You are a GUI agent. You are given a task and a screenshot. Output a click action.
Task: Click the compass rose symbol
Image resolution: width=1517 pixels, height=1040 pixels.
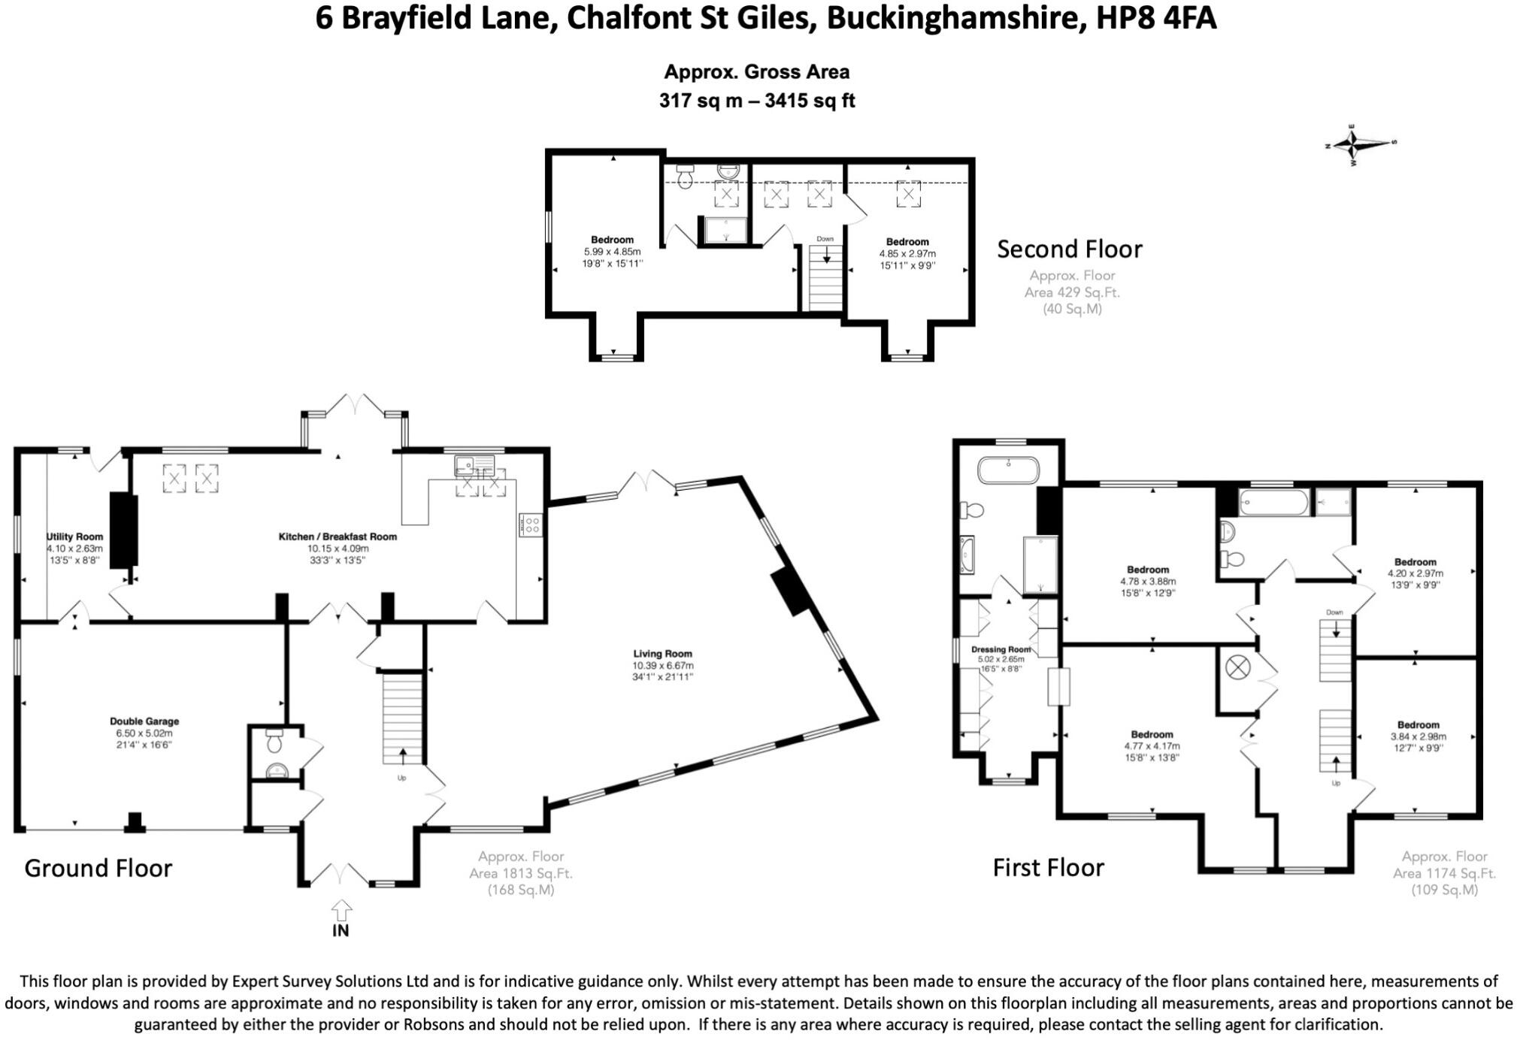pos(1353,143)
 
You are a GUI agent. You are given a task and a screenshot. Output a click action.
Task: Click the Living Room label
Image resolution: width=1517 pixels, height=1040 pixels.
pos(662,654)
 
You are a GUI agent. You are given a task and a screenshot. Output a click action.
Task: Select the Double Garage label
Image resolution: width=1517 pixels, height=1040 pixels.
pos(144,721)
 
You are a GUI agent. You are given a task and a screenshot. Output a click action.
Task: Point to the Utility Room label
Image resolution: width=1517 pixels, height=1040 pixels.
pos(74,537)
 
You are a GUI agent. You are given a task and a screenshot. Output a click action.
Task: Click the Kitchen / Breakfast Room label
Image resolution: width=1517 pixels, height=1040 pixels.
pos(338,537)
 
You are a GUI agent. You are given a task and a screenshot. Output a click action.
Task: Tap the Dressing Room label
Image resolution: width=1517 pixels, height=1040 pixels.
pos(1001,649)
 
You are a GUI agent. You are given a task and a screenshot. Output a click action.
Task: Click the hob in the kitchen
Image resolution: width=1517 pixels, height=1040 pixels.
pos(531,525)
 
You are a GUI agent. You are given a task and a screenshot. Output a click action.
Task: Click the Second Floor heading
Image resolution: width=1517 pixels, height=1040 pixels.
pos(1069,249)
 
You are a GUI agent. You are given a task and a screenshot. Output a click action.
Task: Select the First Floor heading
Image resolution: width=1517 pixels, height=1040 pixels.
pos(1048,868)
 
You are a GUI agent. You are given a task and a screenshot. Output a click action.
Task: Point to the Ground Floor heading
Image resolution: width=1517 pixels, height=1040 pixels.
pos(98,869)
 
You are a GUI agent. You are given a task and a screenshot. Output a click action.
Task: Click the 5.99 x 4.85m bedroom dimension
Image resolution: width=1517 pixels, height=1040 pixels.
pos(612,252)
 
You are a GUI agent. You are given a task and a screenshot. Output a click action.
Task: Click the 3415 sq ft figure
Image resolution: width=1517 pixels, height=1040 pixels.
pos(810,101)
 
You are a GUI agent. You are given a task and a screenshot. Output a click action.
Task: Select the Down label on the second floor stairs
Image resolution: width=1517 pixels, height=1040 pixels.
pos(825,239)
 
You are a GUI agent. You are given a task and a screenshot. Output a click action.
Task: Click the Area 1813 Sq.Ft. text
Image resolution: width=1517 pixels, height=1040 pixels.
pos(520,873)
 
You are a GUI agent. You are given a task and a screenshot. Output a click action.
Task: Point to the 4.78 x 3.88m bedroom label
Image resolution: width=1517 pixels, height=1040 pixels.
pos(1148,581)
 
